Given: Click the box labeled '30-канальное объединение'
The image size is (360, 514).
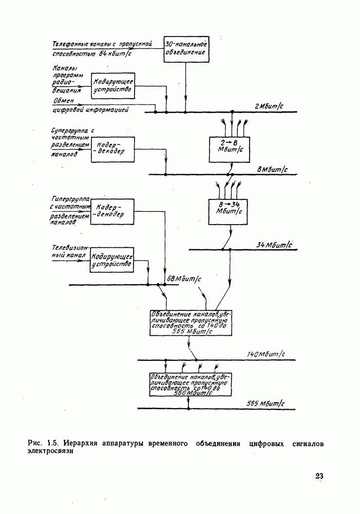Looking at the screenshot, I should coord(186,49).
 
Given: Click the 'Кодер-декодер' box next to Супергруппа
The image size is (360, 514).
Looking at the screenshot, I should coord(112,149).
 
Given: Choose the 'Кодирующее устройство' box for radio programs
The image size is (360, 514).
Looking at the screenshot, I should coord(112,85).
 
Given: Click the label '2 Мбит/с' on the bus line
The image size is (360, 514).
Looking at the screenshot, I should coord(269,106).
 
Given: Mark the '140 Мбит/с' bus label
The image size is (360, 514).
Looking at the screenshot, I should coord(266,355).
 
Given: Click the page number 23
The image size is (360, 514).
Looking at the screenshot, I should coord(319,476).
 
